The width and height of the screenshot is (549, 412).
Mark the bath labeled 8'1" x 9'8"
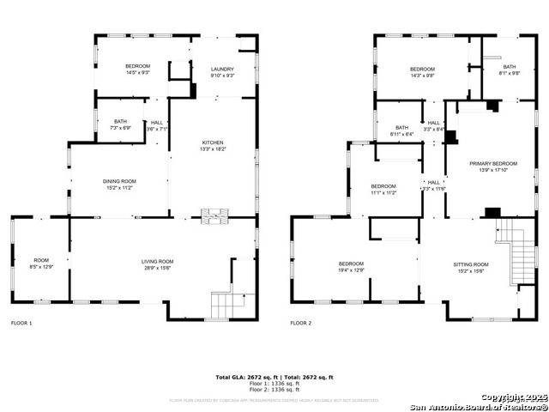pyautogui.click(x=510, y=70)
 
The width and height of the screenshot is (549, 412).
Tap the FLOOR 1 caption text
pyautogui.click(x=21, y=324)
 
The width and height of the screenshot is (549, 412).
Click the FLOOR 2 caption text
pyautogui.click(x=301, y=324)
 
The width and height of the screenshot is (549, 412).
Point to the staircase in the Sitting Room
pyautogui.click(x=515, y=249)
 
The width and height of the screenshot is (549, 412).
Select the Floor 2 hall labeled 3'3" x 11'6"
pyautogui.click(x=434, y=185)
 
